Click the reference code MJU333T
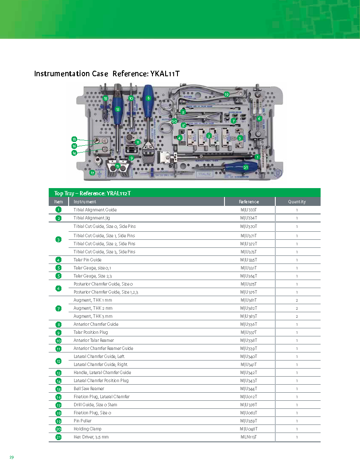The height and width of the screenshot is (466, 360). click(249, 210)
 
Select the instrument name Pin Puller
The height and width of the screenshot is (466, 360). click(83, 421)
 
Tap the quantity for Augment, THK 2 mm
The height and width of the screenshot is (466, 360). click(297, 308)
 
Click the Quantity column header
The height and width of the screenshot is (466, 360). click(297, 202)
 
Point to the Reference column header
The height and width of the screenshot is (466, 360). click(249, 202)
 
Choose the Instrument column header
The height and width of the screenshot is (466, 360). click(85, 202)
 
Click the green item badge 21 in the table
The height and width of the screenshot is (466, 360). click(58, 437)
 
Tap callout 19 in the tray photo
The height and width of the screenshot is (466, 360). click(227, 94)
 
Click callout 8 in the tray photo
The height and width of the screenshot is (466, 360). click(148, 98)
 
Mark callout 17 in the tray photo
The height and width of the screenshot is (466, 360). click(92, 172)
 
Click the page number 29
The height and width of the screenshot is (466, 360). click(12, 457)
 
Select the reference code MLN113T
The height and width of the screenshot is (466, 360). click(249, 437)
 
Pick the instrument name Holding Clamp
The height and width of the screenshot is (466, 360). click(88, 429)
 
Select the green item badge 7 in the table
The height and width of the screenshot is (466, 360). click(58, 308)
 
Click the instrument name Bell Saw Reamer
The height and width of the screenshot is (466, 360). click(89, 388)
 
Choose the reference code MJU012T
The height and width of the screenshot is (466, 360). click(249, 397)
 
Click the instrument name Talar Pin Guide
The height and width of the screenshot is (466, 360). click(88, 260)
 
